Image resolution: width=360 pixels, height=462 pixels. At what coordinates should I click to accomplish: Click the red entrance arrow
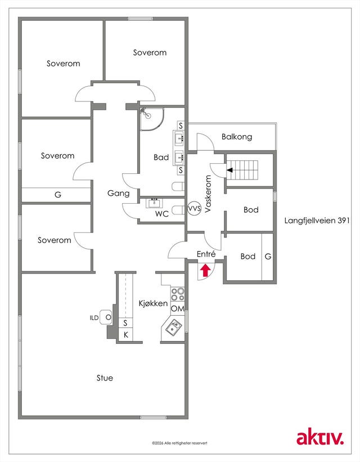pos(205,271)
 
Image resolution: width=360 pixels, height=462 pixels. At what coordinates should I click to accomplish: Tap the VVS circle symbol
pos(195,209)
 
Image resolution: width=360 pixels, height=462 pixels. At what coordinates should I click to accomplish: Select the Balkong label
pos(237,137)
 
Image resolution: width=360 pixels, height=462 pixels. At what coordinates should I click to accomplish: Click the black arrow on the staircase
pos(229,170)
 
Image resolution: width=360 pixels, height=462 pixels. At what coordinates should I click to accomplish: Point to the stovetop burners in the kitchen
pos(178,294)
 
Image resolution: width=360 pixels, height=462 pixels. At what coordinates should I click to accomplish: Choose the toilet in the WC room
pos(178,210)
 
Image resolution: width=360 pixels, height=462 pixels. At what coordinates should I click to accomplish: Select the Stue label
pos(105,378)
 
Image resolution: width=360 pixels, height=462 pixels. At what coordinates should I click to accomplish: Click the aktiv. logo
pos(320,438)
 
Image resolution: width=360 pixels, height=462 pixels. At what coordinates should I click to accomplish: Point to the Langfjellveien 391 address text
pos(317,221)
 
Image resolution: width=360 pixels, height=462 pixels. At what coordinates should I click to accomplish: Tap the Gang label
pos(119,193)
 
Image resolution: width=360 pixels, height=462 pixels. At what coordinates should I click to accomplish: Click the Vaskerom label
pos(208,194)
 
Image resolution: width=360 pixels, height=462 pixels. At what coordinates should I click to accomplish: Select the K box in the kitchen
pos(125,335)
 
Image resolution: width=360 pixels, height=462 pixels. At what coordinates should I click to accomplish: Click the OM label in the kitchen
pos(178,309)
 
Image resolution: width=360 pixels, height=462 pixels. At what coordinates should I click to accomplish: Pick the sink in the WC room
pos(154,203)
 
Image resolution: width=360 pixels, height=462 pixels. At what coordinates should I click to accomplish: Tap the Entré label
pos(206,254)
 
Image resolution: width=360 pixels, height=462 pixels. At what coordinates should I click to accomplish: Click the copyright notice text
pos(179,443)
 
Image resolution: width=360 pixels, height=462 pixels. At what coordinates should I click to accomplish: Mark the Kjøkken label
pos(153,303)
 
